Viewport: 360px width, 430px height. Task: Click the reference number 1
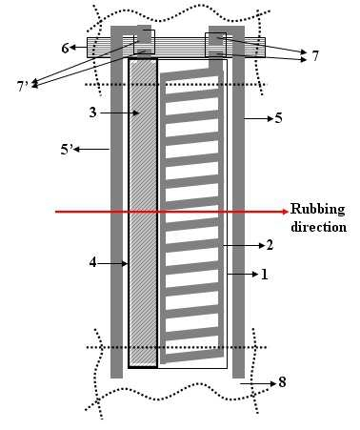265,275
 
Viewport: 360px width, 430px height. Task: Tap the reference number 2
270,245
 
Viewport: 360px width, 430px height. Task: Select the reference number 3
92,113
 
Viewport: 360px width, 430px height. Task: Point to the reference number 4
92,263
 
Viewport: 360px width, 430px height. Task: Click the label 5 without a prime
278,118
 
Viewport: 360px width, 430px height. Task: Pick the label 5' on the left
67,149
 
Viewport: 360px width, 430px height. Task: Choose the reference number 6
65,48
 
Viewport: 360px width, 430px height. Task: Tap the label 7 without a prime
315,56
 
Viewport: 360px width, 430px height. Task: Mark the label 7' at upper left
23,86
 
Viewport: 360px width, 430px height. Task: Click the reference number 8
282,382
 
